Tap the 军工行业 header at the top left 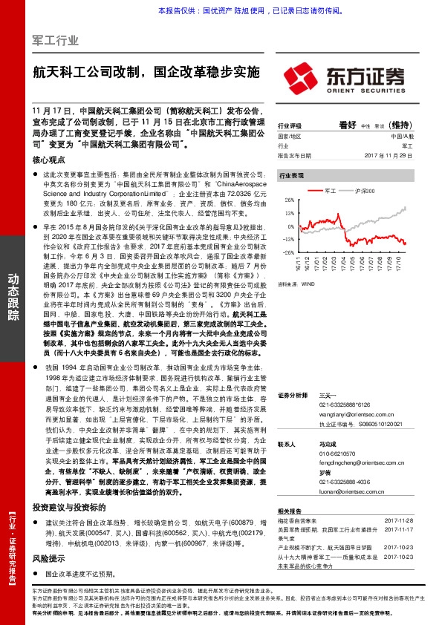tap(56, 40)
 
